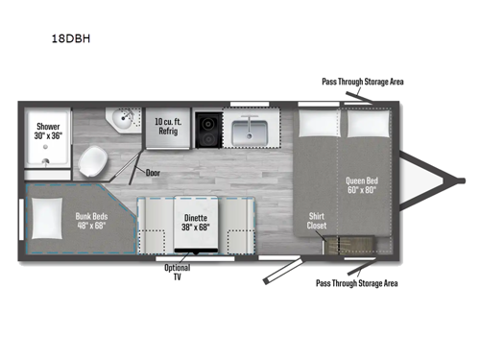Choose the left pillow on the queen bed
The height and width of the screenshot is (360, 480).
tap(317, 124)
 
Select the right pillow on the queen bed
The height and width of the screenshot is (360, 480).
tap(367, 124)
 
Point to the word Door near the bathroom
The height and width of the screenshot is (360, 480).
tap(154, 173)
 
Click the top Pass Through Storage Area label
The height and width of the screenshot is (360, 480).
tap(362, 82)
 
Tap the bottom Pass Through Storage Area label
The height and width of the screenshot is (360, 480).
tap(355, 283)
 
